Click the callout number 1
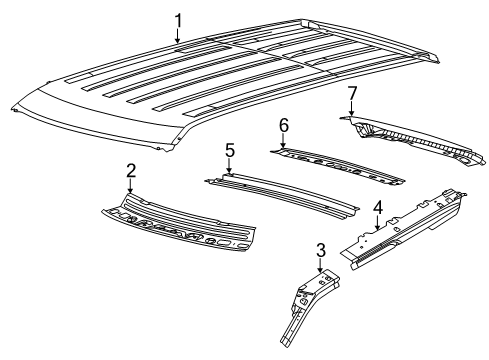179,20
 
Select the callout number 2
130,170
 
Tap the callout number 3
320,249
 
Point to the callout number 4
376,208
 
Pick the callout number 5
229,150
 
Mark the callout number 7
351,93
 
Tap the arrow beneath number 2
130,190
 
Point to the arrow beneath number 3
320,267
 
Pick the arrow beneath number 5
229,168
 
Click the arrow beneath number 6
283,142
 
